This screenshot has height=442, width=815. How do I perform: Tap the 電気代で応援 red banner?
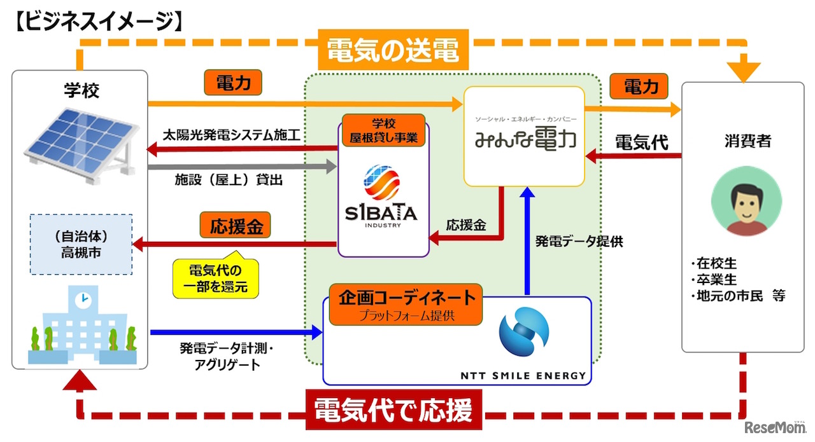[393, 411]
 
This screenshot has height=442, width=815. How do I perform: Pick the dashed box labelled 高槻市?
[81, 244]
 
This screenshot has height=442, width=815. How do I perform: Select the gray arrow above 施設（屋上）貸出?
[241, 167]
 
